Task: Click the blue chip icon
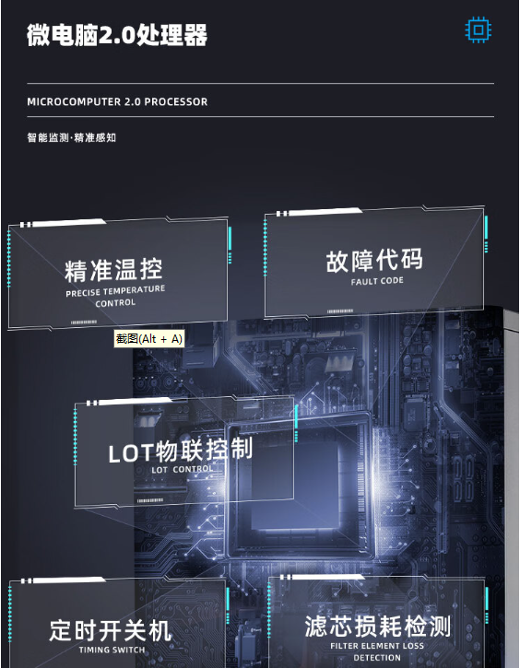479,29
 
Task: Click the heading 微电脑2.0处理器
117,34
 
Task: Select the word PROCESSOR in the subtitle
176,102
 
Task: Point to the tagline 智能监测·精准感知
72,137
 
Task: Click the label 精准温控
113,270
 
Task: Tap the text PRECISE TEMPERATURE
115,292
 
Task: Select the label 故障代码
374,261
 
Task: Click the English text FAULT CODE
377,281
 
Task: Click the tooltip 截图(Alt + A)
149,339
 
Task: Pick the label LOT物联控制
181,451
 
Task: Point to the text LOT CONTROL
182,470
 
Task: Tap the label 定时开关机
111,630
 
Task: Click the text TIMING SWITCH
112,650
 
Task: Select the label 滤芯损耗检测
378,627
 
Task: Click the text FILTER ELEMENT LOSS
377,646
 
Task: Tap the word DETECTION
377,658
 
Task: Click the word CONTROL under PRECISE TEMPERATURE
115,303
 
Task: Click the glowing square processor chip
299,486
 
